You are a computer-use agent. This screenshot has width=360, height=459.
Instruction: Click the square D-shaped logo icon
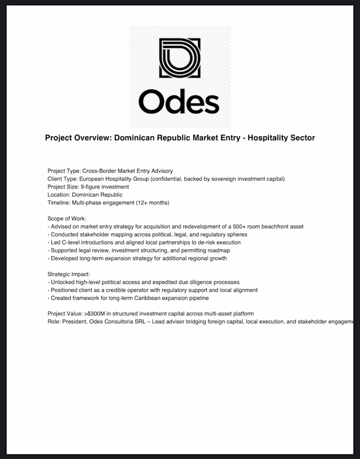tap(179, 58)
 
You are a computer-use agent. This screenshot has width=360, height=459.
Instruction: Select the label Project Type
tap(64, 171)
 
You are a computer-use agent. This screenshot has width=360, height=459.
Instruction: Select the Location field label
tap(59, 195)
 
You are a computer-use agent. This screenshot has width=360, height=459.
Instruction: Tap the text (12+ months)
tap(152, 203)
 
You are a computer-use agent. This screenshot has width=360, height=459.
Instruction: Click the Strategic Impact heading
tap(68, 274)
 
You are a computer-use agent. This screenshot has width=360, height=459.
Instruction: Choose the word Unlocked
tap(63, 283)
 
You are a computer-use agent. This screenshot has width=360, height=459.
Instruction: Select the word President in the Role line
tap(75, 322)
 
